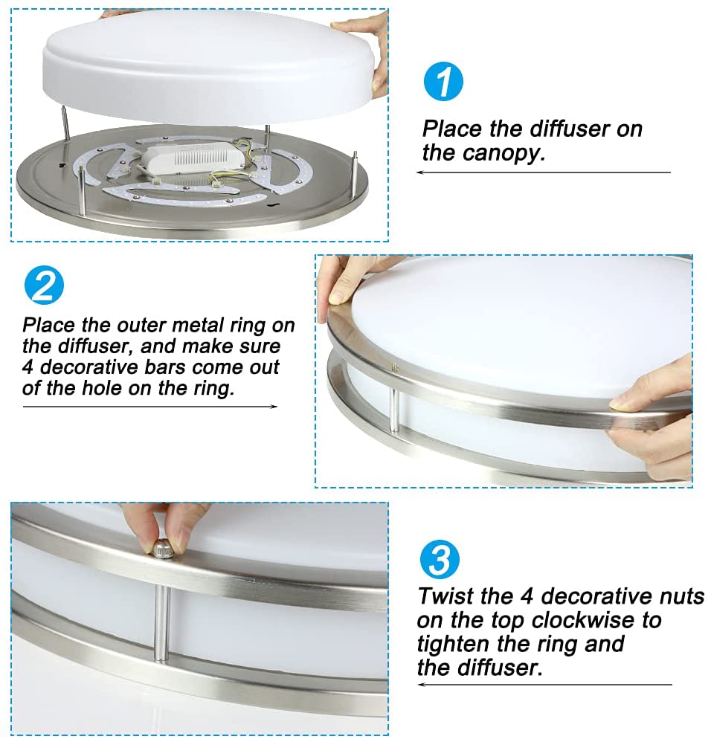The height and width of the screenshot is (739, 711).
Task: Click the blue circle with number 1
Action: (x=443, y=82)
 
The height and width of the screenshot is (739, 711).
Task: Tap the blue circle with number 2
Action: (x=44, y=285)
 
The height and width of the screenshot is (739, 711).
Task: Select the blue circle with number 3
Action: (x=439, y=559)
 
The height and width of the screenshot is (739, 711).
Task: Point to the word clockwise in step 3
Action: (x=584, y=620)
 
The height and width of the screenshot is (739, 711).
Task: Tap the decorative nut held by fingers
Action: (x=162, y=549)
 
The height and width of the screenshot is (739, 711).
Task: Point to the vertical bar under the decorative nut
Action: (x=162, y=623)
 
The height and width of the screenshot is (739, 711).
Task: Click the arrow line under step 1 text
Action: (x=543, y=172)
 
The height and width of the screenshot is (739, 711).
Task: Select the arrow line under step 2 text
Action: (x=150, y=406)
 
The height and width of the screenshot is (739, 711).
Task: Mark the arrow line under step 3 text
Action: (x=544, y=684)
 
